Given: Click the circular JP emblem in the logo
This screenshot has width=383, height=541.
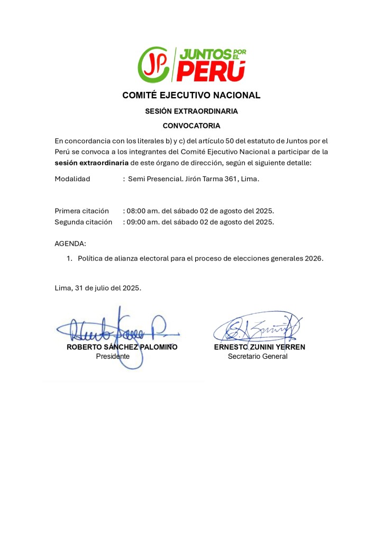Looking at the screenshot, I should point(153,64).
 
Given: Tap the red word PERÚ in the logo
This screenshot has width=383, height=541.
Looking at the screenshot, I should point(211,71).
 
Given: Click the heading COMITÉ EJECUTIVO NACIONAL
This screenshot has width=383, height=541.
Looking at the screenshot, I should point(191,96).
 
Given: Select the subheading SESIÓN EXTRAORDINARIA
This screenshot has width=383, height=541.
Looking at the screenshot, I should point(191,111).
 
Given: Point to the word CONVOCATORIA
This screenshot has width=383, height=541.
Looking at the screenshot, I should point(191,126).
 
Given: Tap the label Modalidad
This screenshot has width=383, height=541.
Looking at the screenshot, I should point(72,179).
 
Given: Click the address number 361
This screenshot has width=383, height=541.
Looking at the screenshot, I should point(227,179).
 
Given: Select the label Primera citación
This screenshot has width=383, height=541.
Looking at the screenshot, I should point(82,211).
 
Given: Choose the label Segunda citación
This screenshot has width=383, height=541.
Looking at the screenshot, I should point(84,222).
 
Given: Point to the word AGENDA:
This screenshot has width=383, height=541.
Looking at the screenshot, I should point(70,244).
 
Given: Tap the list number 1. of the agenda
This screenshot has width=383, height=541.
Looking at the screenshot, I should point(69,258).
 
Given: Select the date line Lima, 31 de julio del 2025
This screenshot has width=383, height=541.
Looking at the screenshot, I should point(98,288).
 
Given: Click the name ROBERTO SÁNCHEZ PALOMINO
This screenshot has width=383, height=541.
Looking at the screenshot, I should point(122,347).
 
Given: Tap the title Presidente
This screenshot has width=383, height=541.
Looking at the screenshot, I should point(113,357).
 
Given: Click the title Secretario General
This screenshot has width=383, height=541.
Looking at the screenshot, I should point(258,357).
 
